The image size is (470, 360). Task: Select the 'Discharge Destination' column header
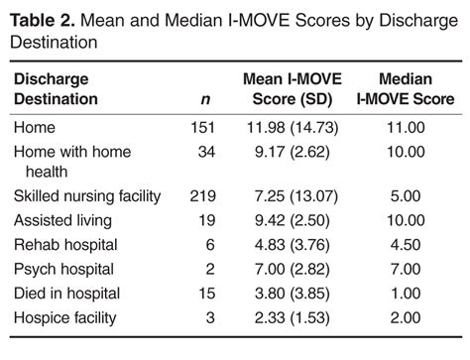tap(69, 88)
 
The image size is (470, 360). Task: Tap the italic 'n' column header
tap(204, 99)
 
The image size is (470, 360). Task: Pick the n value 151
tap(201, 127)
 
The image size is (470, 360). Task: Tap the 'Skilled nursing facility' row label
tap(86, 196)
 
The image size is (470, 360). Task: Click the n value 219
tap(201, 196)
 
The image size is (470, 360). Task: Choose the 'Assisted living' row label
tap(61, 220)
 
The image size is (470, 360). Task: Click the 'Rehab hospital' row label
tap(61, 244)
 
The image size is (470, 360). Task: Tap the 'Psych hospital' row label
tap(62, 268)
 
